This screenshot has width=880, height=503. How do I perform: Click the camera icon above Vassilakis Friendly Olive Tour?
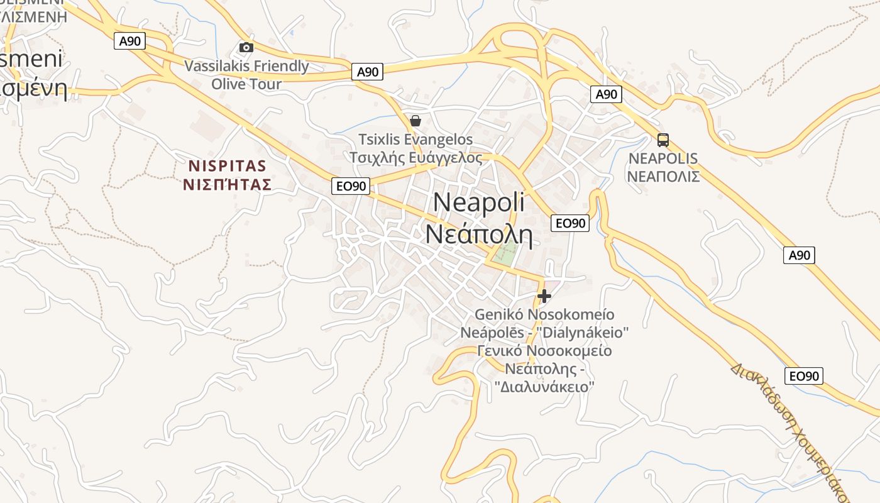tap(246, 47)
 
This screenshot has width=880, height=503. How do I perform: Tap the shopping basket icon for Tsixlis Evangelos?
tap(415, 120)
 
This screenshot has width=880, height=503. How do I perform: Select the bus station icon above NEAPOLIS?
tap(663, 140)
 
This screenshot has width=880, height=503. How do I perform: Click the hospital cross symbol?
tap(544, 296)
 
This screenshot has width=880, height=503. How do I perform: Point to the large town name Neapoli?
tap(479, 202)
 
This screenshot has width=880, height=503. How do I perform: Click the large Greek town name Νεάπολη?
tap(479, 235)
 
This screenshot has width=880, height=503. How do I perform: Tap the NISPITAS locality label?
tap(228, 166)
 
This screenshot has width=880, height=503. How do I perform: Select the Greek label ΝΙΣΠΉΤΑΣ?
tap(228, 185)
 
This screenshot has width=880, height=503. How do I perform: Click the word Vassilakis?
tap(216, 66)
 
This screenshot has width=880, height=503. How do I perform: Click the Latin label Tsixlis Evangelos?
tap(415, 139)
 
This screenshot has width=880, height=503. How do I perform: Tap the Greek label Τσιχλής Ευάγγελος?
tap(415, 157)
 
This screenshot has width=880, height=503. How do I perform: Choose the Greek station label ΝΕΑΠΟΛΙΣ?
tap(663, 176)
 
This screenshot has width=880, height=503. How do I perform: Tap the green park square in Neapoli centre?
tap(505, 251)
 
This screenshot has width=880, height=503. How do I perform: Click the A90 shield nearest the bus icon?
tap(606, 94)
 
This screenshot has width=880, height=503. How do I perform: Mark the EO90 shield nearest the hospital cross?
tap(569, 223)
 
